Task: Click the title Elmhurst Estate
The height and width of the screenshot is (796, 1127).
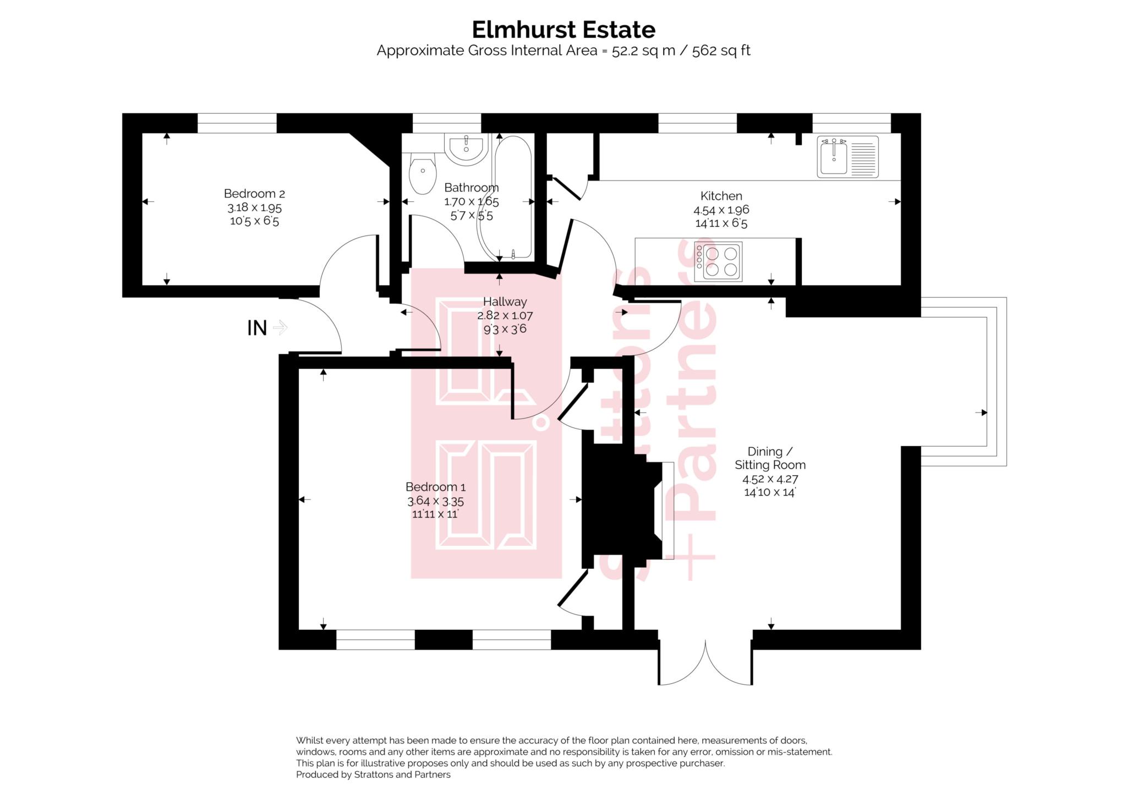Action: (x=563, y=30)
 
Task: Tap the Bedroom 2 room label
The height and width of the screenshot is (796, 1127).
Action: (x=254, y=194)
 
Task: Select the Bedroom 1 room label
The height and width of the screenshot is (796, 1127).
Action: (x=435, y=487)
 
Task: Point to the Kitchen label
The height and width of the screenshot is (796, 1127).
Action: (x=721, y=196)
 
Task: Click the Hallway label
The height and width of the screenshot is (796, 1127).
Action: (x=505, y=301)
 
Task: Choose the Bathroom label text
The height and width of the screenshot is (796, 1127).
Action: (x=471, y=188)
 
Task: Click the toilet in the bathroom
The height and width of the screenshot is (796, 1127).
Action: (x=422, y=172)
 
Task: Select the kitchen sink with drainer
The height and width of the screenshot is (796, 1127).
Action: (x=847, y=157)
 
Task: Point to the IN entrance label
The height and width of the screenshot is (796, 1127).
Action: (x=257, y=328)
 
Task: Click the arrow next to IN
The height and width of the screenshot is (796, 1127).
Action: (x=280, y=328)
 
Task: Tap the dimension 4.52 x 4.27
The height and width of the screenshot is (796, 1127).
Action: (x=770, y=479)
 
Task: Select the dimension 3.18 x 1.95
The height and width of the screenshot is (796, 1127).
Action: (x=254, y=207)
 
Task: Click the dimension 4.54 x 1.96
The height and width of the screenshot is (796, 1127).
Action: (x=721, y=210)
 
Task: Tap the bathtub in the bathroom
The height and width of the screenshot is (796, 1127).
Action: (x=513, y=198)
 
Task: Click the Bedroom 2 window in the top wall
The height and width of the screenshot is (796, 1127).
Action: (x=237, y=123)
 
